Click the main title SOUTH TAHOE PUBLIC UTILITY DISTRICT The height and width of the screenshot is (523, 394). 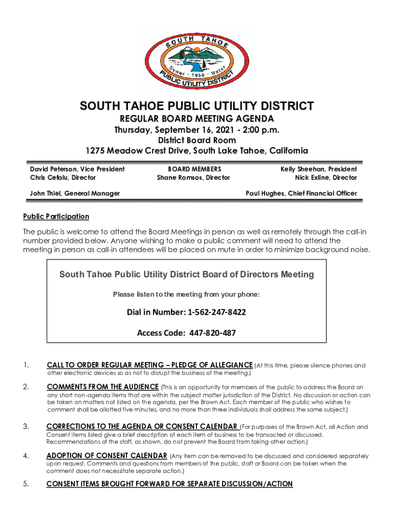point(196,107)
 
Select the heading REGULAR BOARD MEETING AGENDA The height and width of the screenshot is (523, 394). point(196,119)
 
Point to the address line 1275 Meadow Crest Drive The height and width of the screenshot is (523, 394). point(196,151)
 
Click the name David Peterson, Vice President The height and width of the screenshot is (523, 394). point(77,169)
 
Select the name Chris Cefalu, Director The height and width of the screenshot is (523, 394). point(63,178)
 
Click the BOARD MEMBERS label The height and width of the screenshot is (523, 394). point(194,169)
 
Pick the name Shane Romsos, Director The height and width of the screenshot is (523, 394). point(193,178)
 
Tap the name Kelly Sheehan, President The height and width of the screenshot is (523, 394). point(318,169)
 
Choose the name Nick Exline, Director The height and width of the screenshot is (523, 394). point(325,178)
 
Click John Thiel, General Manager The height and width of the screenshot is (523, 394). point(75,193)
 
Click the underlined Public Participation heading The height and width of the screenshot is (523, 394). point(56,217)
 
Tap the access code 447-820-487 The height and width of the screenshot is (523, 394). point(212,333)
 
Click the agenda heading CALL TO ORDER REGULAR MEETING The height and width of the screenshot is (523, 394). point(149,365)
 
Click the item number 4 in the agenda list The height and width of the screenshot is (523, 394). point(26,456)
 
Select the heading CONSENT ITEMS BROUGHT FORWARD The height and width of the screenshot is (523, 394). point(169,484)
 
